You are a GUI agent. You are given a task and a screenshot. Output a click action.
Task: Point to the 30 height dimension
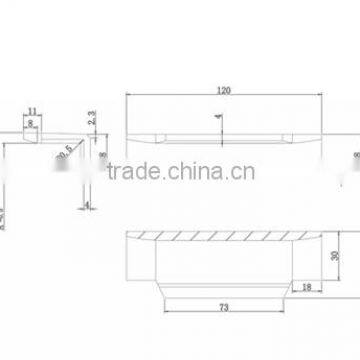click(333, 255)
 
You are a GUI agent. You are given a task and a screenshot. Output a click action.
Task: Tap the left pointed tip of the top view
click(129, 135)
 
